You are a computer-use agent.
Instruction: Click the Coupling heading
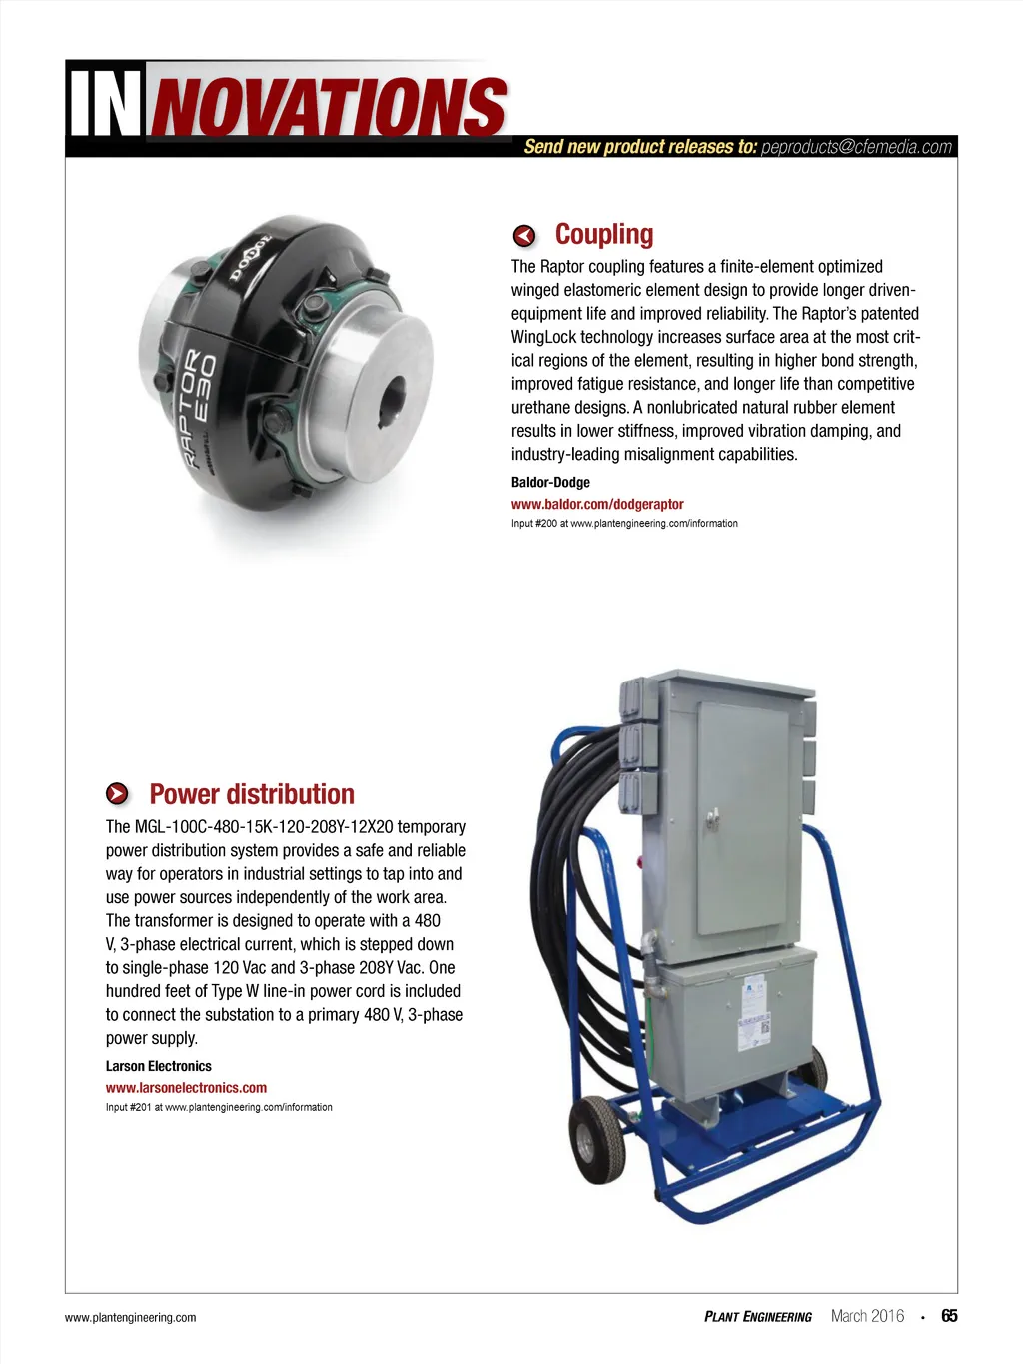(604, 234)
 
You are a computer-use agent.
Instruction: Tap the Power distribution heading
(252, 794)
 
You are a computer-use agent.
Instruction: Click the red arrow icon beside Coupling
(524, 236)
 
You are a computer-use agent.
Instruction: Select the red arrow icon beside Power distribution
(118, 794)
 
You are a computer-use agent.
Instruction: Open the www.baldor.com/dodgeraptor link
(597, 504)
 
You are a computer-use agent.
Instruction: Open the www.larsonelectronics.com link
(186, 1087)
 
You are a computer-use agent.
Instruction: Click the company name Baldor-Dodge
(550, 482)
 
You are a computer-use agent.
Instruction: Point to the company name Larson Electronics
(159, 1066)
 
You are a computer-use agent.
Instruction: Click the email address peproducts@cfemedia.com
(856, 147)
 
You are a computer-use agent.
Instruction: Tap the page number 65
(949, 1316)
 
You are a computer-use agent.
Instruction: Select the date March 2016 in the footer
(867, 1316)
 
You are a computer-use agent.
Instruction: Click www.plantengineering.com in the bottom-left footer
(130, 1318)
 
